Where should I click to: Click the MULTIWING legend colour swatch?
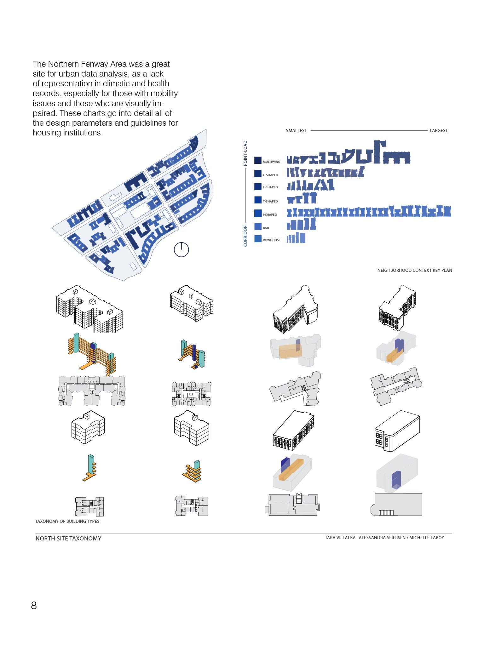pos(258,160)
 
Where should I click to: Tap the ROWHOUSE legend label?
pos(271,240)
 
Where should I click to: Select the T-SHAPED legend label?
pos(270,201)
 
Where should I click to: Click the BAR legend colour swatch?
pos(258,226)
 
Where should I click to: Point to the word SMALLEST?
pos(296,130)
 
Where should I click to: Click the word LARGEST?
pos(439,130)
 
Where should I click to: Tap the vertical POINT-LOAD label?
pos(245,153)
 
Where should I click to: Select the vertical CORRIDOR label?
pos(245,236)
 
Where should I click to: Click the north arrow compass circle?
pos(181,250)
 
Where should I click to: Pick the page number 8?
pos(34,605)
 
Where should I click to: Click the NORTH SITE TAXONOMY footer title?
pos(68,539)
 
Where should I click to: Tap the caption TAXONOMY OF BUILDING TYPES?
pos(67,521)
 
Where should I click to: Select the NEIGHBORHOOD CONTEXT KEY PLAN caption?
pos(415,270)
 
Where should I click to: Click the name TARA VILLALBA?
pos(340,538)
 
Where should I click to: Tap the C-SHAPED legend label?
pos(270,175)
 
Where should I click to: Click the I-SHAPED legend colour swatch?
pos(258,213)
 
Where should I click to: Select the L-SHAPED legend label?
pos(270,187)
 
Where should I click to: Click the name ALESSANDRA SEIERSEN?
pos(382,538)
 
